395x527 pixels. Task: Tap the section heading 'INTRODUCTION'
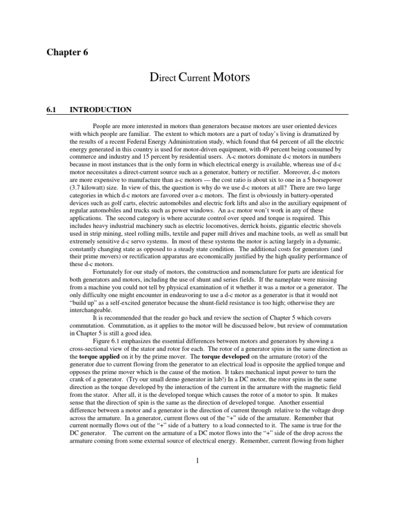point(100,110)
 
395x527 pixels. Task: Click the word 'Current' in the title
point(193,79)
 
